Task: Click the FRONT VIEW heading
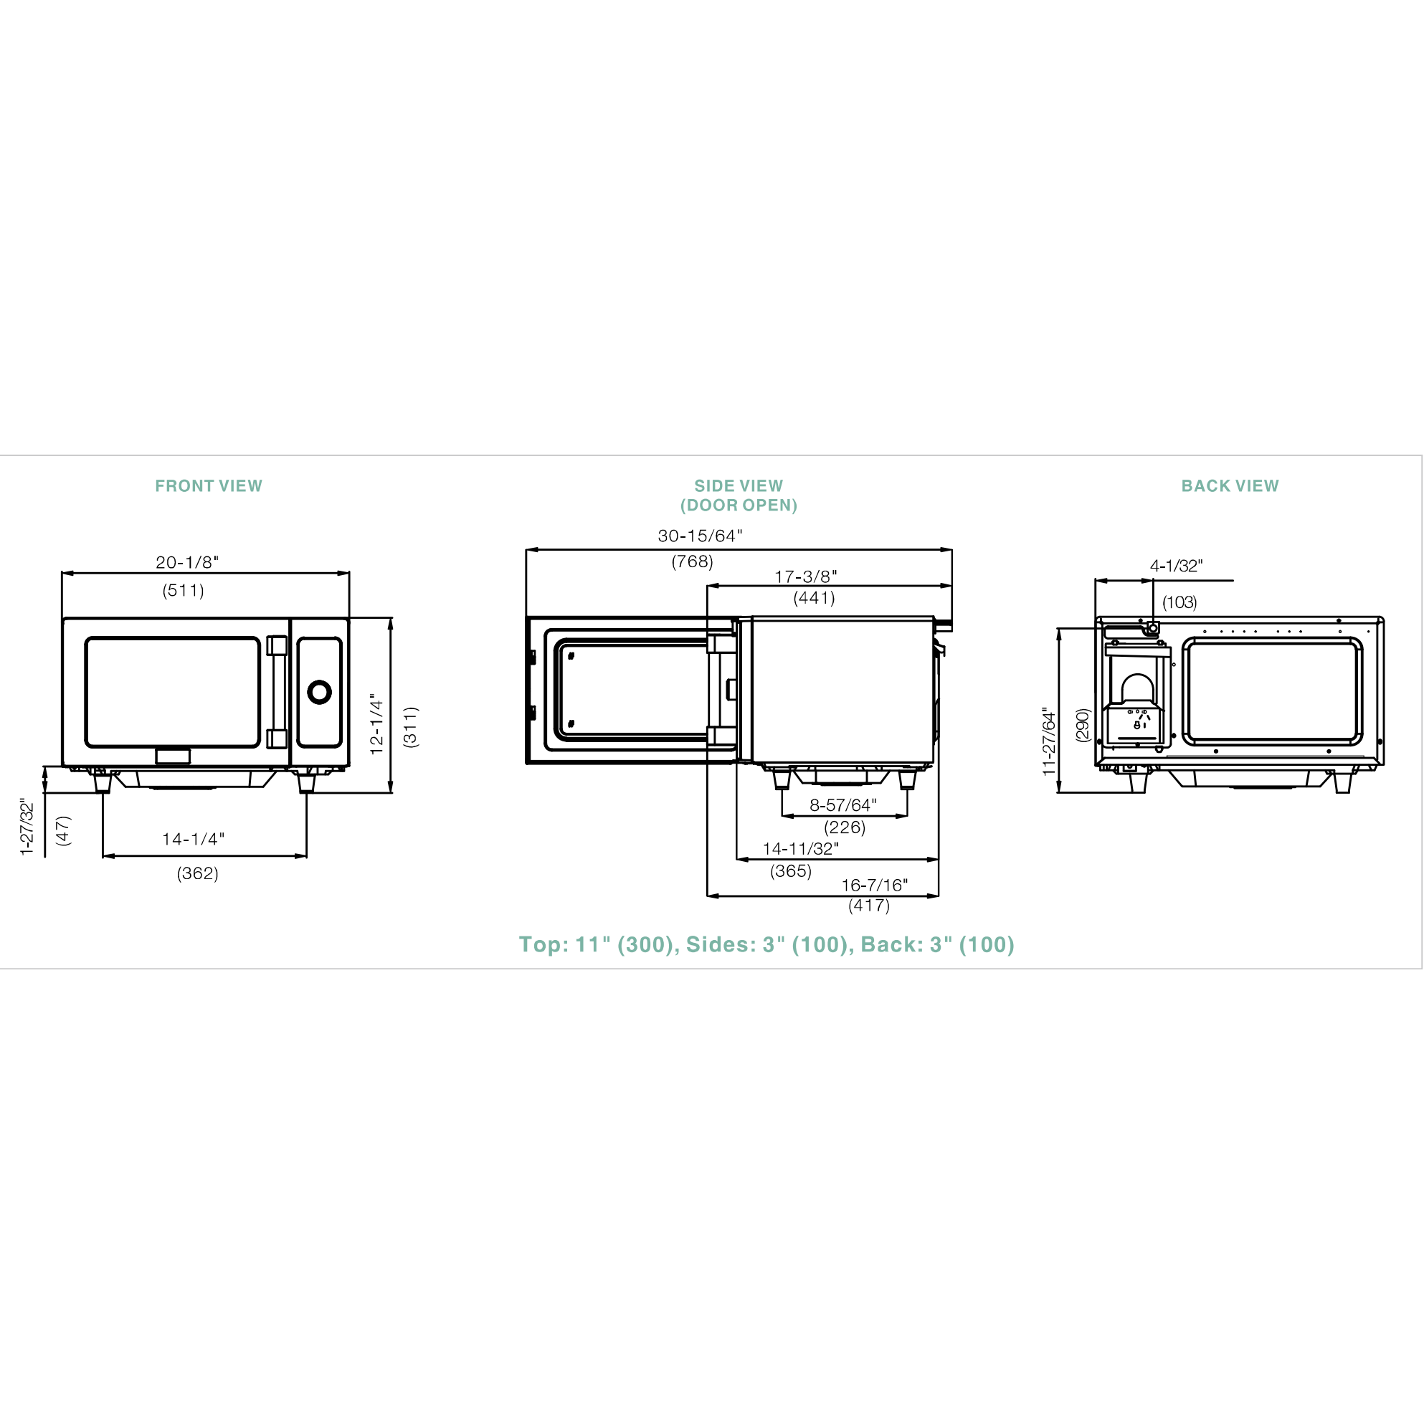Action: click(209, 485)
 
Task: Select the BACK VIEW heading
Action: click(1230, 485)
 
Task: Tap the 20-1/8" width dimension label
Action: click(187, 562)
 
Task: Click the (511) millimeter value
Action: click(184, 590)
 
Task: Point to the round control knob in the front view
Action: click(319, 692)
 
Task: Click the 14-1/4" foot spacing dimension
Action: click(193, 839)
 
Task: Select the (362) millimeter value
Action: click(197, 873)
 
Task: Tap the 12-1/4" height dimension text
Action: click(376, 723)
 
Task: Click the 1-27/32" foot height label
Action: click(27, 827)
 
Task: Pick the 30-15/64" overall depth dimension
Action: click(701, 536)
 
